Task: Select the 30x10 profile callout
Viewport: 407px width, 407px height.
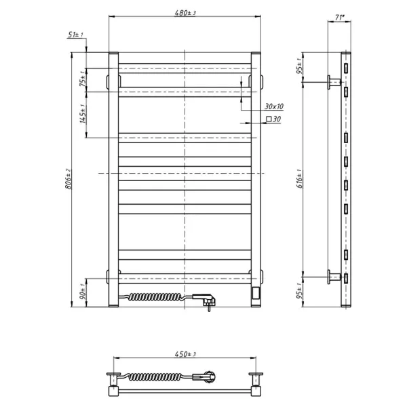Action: [274, 106]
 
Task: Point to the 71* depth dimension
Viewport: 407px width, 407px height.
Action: [341, 19]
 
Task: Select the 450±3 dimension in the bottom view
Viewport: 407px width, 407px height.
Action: [184, 353]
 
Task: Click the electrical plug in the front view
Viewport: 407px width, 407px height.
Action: [205, 298]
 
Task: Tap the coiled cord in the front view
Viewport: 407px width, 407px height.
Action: [156, 296]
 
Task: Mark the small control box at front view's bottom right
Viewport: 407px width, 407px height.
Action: [254, 293]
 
